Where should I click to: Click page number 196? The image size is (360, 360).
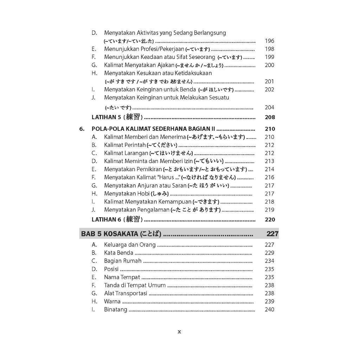(269, 41)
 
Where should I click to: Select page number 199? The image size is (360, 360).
(269, 57)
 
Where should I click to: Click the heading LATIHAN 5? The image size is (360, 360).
(106, 117)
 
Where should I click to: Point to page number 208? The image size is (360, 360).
(270, 117)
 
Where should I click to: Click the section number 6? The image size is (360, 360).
(82, 129)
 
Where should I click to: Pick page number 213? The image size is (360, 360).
(269, 161)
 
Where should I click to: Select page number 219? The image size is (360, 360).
(269, 210)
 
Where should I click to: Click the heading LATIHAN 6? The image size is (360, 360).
(106, 219)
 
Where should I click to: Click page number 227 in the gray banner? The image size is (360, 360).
(272, 234)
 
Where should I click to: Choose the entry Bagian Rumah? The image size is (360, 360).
(123, 261)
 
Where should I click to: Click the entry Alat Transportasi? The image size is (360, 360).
(126, 293)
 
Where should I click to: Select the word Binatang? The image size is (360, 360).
(116, 310)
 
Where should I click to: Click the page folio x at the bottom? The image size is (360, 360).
(179, 331)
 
